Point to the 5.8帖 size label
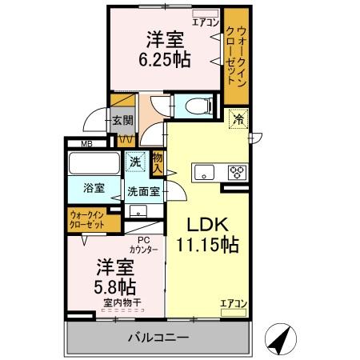tap(116, 285)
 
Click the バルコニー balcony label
tap(158, 338)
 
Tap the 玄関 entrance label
tap(122, 121)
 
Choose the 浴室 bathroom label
tap(94, 188)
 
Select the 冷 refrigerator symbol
tap(238, 119)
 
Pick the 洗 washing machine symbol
tap(137, 161)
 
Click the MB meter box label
tap(74, 144)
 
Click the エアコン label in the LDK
tap(233, 303)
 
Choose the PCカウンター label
tap(143, 245)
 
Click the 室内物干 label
tap(122, 302)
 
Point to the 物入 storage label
tap(158, 163)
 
